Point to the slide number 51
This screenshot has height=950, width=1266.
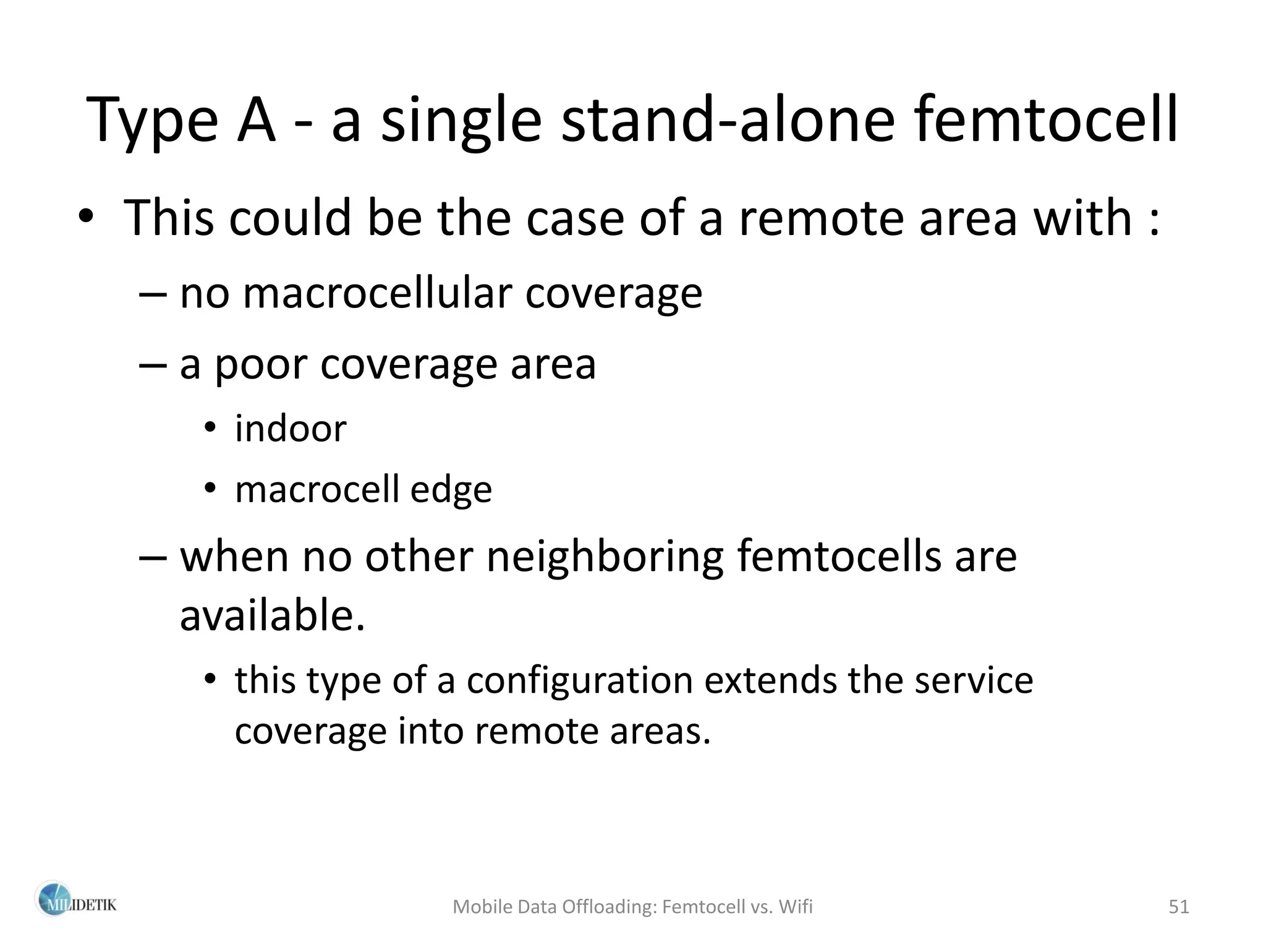1179,907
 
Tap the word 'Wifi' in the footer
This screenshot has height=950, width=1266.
796,907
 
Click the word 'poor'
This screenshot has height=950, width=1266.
260,365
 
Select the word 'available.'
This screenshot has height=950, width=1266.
272,616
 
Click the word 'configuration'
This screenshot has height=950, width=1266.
579,680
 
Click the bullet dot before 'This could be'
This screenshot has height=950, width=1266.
85,218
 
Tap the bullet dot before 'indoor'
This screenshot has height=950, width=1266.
211,428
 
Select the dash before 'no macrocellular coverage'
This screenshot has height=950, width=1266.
153,294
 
